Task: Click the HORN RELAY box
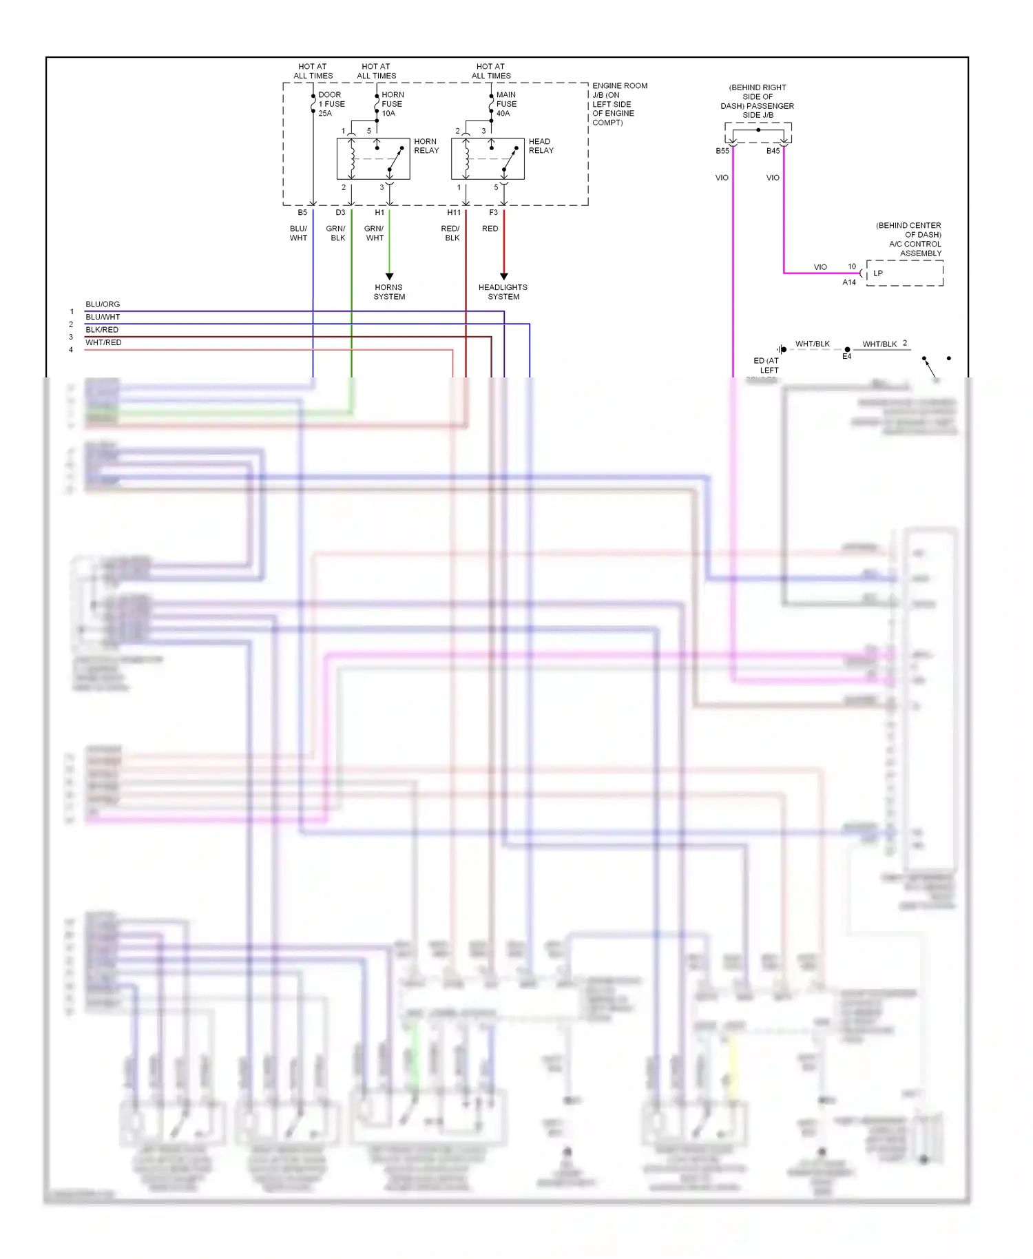(373, 159)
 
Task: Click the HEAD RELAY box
(488, 159)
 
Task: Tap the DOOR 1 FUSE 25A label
(331, 104)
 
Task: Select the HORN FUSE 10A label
(393, 104)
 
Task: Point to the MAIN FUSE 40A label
(506, 104)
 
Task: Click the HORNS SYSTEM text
(389, 292)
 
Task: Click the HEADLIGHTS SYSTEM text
(503, 292)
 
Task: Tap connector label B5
(302, 213)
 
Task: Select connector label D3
(340, 213)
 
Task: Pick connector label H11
(454, 213)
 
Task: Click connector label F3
(493, 213)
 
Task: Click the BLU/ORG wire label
(103, 304)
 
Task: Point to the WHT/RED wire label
(103, 343)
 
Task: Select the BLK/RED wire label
(102, 330)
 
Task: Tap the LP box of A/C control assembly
(904, 273)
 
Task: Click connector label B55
(722, 151)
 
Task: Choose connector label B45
(773, 151)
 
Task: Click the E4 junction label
(846, 357)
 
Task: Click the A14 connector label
(849, 282)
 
